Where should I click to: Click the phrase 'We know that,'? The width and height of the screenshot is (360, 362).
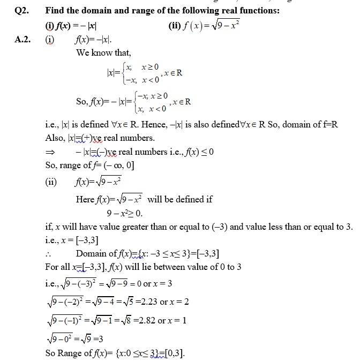click(103, 52)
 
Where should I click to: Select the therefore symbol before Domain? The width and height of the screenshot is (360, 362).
click(49, 254)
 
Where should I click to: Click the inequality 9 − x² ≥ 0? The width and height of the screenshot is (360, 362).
click(124, 213)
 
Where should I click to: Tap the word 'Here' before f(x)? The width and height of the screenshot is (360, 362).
click(85, 200)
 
